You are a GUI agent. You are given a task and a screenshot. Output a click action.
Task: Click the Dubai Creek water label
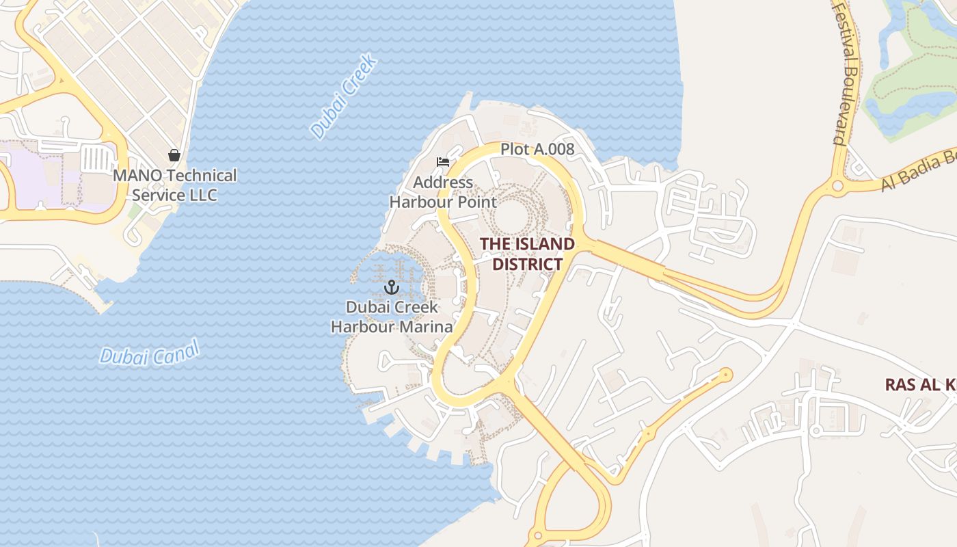click(343, 97)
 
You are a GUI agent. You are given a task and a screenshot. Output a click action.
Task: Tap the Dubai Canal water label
click(149, 353)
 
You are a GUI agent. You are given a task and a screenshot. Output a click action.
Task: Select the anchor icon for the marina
click(392, 286)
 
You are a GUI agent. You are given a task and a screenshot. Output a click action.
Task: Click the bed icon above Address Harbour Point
click(443, 162)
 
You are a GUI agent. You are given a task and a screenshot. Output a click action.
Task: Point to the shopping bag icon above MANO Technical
click(174, 155)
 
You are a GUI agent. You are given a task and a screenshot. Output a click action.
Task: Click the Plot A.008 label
click(537, 149)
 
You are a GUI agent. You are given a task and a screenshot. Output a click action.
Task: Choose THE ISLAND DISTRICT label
click(527, 254)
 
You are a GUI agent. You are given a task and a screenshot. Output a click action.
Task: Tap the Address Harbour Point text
click(443, 192)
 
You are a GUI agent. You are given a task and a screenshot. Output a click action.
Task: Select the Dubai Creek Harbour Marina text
click(392, 317)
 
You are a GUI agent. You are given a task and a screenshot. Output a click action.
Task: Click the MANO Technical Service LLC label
click(174, 185)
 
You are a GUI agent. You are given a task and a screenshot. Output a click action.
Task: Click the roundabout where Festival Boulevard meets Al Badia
click(837, 185)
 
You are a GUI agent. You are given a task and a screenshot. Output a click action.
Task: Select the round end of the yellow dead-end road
click(725, 375)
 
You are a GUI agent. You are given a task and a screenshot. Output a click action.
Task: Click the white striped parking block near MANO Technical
click(97, 159)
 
